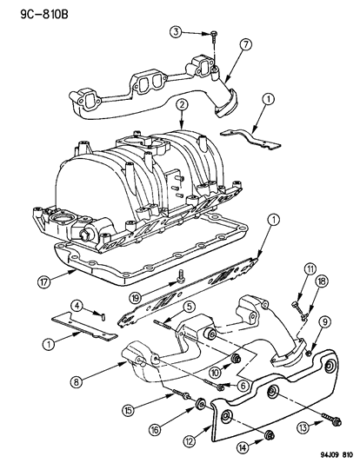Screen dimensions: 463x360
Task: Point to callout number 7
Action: pyautogui.click(x=246, y=43)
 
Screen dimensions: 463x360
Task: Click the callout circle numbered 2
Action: pyautogui.click(x=181, y=105)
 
